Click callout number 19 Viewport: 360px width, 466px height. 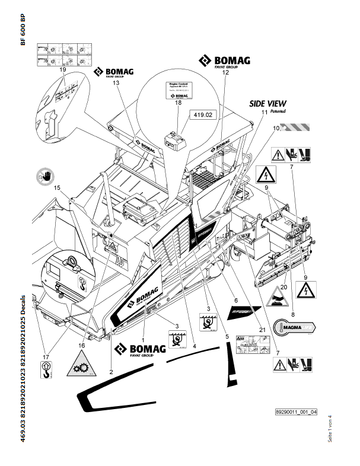(62, 70)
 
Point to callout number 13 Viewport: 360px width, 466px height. (116, 84)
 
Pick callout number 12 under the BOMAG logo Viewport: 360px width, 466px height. (225, 73)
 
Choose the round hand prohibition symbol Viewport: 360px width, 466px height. (45, 175)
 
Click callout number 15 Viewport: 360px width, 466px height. (58, 189)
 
